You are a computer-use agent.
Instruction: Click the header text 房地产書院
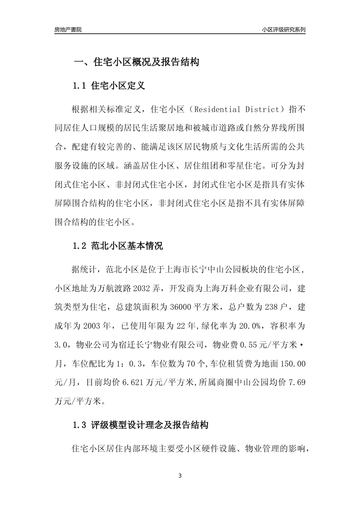pos(68,29)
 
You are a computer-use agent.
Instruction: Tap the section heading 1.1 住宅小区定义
pos(108,86)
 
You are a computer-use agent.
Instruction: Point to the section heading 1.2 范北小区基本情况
pos(117,246)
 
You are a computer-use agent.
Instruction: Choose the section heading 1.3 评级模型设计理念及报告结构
pos(140,425)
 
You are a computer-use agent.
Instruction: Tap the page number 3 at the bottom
pos(180,476)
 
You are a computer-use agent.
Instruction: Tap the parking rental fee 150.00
pos(293,364)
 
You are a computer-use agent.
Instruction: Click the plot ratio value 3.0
pos(61,345)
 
